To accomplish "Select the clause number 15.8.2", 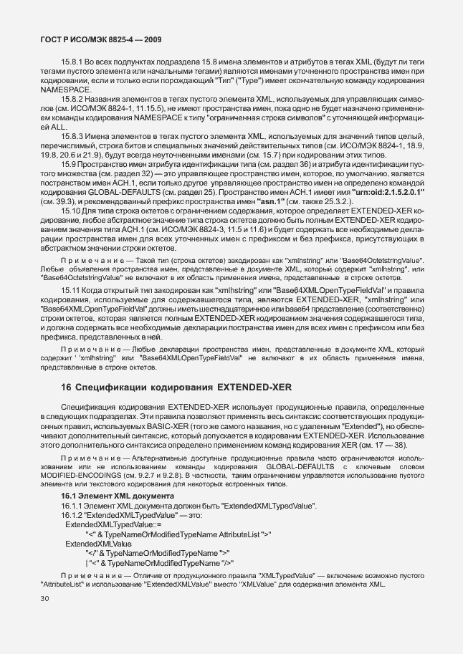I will tap(72, 97).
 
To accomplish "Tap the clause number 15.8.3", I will tap(72, 134).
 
